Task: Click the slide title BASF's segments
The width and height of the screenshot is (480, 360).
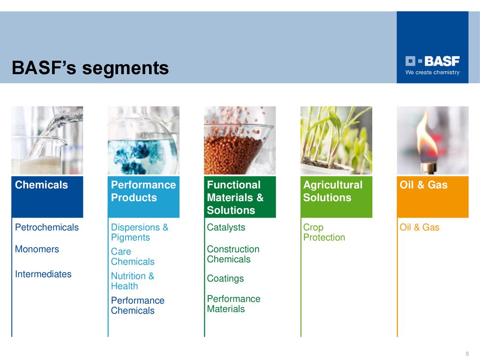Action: click(x=90, y=67)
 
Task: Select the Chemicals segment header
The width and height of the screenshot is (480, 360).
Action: click(x=41, y=185)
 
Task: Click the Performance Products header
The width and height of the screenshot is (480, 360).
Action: click(x=143, y=191)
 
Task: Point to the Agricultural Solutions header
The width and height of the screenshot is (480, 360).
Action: click(x=333, y=191)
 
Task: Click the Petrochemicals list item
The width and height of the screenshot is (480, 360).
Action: click(x=47, y=227)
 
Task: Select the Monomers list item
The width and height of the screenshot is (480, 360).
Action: click(x=37, y=249)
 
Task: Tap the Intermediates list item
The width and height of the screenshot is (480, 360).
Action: click(x=43, y=274)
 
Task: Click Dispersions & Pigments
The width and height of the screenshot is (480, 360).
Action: click(x=140, y=232)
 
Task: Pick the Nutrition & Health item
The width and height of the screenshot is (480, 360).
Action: click(x=133, y=281)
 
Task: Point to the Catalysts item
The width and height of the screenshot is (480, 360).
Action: click(x=226, y=227)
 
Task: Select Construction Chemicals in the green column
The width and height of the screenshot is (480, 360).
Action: click(x=233, y=254)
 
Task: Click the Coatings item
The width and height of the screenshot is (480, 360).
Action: click(x=225, y=278)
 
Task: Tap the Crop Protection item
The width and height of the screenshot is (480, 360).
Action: click(x=324, y=232)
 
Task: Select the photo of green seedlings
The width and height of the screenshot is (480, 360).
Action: click(x=336, y=140)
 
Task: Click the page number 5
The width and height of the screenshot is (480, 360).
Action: click(x=467, y=353)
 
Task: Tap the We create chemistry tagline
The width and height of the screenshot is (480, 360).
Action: click(x=432, y=73)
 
